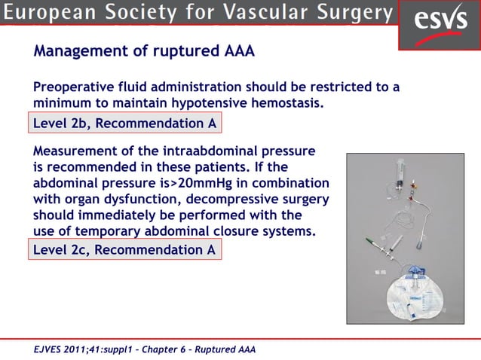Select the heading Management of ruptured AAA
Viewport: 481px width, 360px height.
(x=143, y=53)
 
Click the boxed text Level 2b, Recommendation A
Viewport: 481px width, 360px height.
(x=124, y=124)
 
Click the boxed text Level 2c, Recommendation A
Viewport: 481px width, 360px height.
(x=124, y=250)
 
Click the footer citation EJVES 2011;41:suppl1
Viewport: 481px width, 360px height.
(x=81, y=349)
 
